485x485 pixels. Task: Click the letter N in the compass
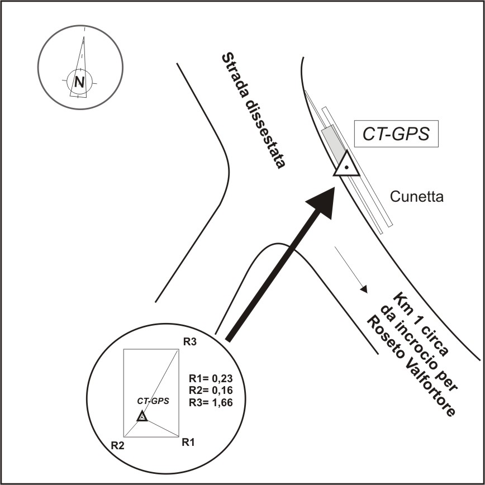tap(80, 83)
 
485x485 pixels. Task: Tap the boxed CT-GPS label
tap(396, 134)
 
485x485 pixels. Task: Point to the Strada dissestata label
tap(254, 111)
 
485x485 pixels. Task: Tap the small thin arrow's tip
tap(365, 291)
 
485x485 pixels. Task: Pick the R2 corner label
tap(117, 445)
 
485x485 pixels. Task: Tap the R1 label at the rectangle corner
tap(188, 443)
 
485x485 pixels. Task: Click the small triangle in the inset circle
tap(142, 416)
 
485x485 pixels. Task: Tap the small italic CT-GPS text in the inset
tap(153, 401)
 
